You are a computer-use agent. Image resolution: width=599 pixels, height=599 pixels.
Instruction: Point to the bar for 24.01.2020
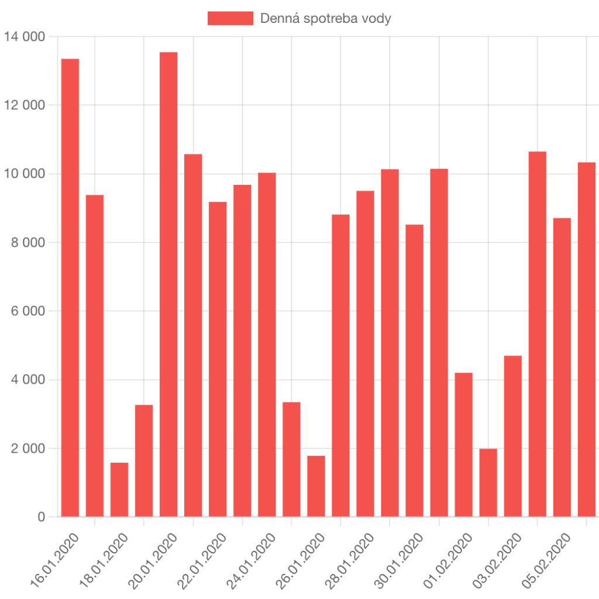[x=267, y=345]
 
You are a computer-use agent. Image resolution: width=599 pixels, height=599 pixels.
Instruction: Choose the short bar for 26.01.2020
[x=316, y=486]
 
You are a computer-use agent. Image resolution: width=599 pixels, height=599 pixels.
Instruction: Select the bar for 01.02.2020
[x=464, y=445]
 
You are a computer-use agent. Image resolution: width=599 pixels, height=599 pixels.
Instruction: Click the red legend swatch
[x=230, y=18]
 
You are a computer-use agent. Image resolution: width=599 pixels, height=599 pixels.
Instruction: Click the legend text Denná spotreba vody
[x=326, y=18]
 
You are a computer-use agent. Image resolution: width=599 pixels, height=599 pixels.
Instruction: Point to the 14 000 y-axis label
[x=25, y=37]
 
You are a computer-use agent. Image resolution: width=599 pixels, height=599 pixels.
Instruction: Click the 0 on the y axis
[x=42, y=517]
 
